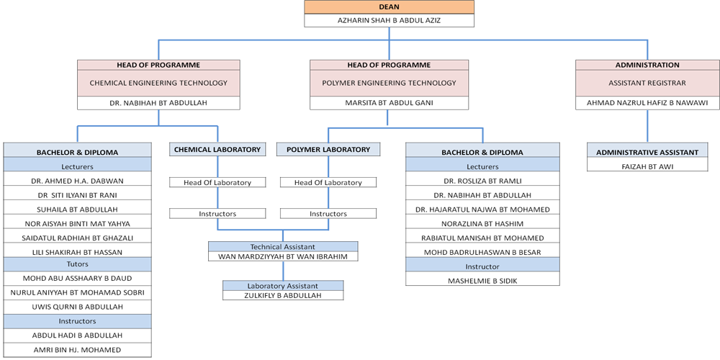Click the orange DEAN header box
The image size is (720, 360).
point(389,7)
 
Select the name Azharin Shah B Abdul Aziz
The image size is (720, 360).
point(389,20)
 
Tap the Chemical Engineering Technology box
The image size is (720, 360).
point(158,84)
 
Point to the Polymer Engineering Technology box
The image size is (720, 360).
point(389,84)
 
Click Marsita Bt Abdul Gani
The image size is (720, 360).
point(389,103)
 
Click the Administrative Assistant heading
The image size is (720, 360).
point(647,152)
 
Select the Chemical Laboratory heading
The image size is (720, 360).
point(217,150)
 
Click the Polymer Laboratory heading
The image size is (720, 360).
point(328,150)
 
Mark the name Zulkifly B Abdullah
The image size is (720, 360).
point(282,295)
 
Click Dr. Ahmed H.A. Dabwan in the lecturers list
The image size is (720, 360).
point(77,181)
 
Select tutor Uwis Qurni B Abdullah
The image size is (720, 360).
point(77,307)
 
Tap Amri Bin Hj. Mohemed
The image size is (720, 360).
point(77,349)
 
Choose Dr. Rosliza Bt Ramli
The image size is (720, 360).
point(482,181)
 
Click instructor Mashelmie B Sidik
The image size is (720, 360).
point(482,281)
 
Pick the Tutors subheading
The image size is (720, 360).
point(77,264)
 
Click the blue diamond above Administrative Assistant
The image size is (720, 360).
point(647,130)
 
